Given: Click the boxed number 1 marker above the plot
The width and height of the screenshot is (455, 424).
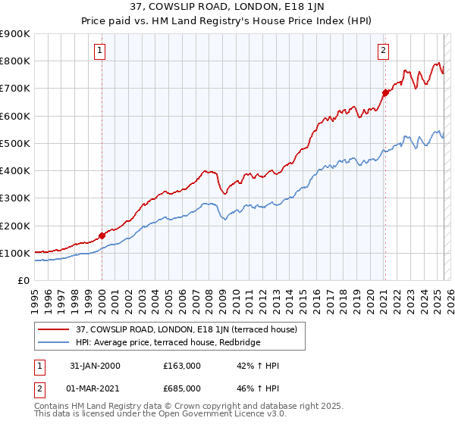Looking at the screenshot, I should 101,51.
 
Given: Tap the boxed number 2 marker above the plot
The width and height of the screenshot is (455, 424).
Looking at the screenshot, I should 384,51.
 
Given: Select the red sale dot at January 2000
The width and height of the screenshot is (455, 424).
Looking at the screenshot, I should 102,235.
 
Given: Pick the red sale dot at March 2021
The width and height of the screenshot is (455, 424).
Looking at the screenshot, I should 385,92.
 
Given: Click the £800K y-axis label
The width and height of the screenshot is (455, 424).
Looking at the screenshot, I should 15,61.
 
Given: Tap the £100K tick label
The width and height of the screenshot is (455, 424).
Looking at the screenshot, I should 15,253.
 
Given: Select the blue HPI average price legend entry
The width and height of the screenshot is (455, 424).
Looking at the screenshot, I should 167,343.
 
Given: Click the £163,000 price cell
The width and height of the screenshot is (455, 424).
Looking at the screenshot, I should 181,366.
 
